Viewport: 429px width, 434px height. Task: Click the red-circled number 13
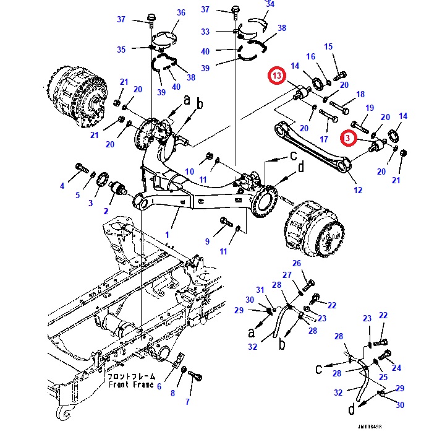(278, 76)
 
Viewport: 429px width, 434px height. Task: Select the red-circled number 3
(350, 139)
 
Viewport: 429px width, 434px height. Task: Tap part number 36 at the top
(181, 12)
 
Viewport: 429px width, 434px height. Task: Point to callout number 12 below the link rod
(358, 190)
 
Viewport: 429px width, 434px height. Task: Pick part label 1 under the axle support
(166, 235)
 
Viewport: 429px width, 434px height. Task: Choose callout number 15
(328, 46)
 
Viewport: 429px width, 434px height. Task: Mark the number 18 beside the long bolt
(361, 95)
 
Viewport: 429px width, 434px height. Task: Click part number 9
(208, 241)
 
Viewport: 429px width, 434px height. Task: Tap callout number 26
(296, 264)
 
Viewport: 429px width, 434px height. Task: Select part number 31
(260, 290)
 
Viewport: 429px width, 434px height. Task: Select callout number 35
(121, 50)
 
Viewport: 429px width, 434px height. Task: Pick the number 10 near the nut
(190, 171)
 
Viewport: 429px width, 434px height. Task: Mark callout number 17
(324, 139)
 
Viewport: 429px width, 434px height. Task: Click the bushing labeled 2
(117, 188)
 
